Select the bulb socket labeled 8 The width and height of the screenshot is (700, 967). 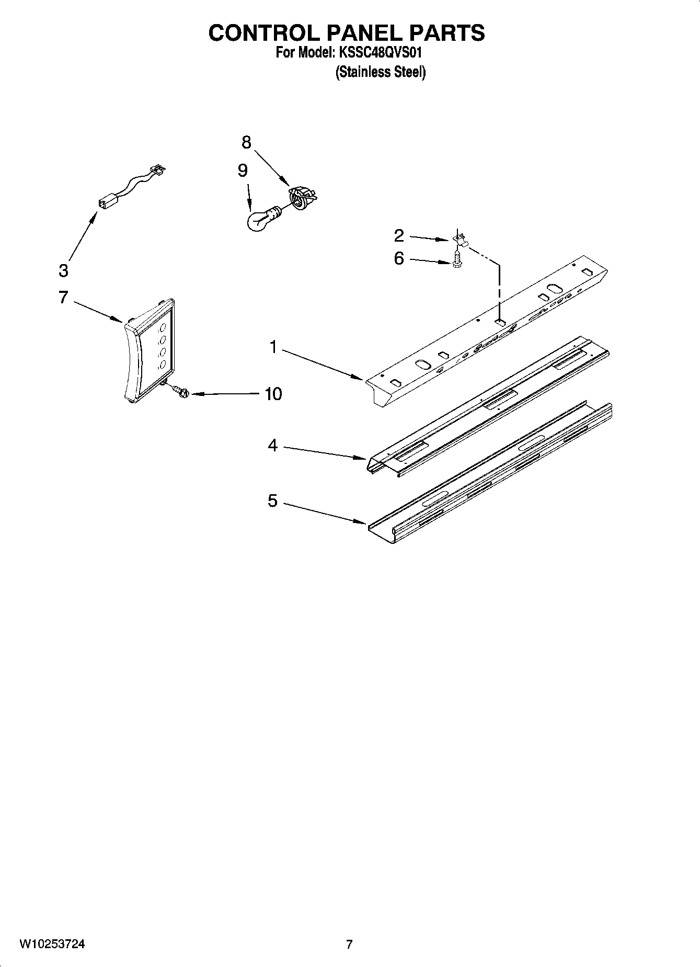coord(302,198)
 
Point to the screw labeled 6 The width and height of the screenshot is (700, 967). coord(456,259)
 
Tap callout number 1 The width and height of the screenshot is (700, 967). coord(273,347)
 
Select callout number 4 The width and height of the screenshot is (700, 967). coord(273,446)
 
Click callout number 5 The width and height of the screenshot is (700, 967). coord(273,501)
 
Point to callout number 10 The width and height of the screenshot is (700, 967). coord(273,393)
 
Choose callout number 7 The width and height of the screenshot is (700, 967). coord(63,298)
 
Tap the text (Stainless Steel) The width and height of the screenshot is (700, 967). coord(380,72)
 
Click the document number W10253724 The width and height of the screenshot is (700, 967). coord(52,945)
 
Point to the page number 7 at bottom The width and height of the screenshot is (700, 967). coord(349,945)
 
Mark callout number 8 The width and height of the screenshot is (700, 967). coord(246,142)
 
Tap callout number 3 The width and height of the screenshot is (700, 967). coord(63,270)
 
